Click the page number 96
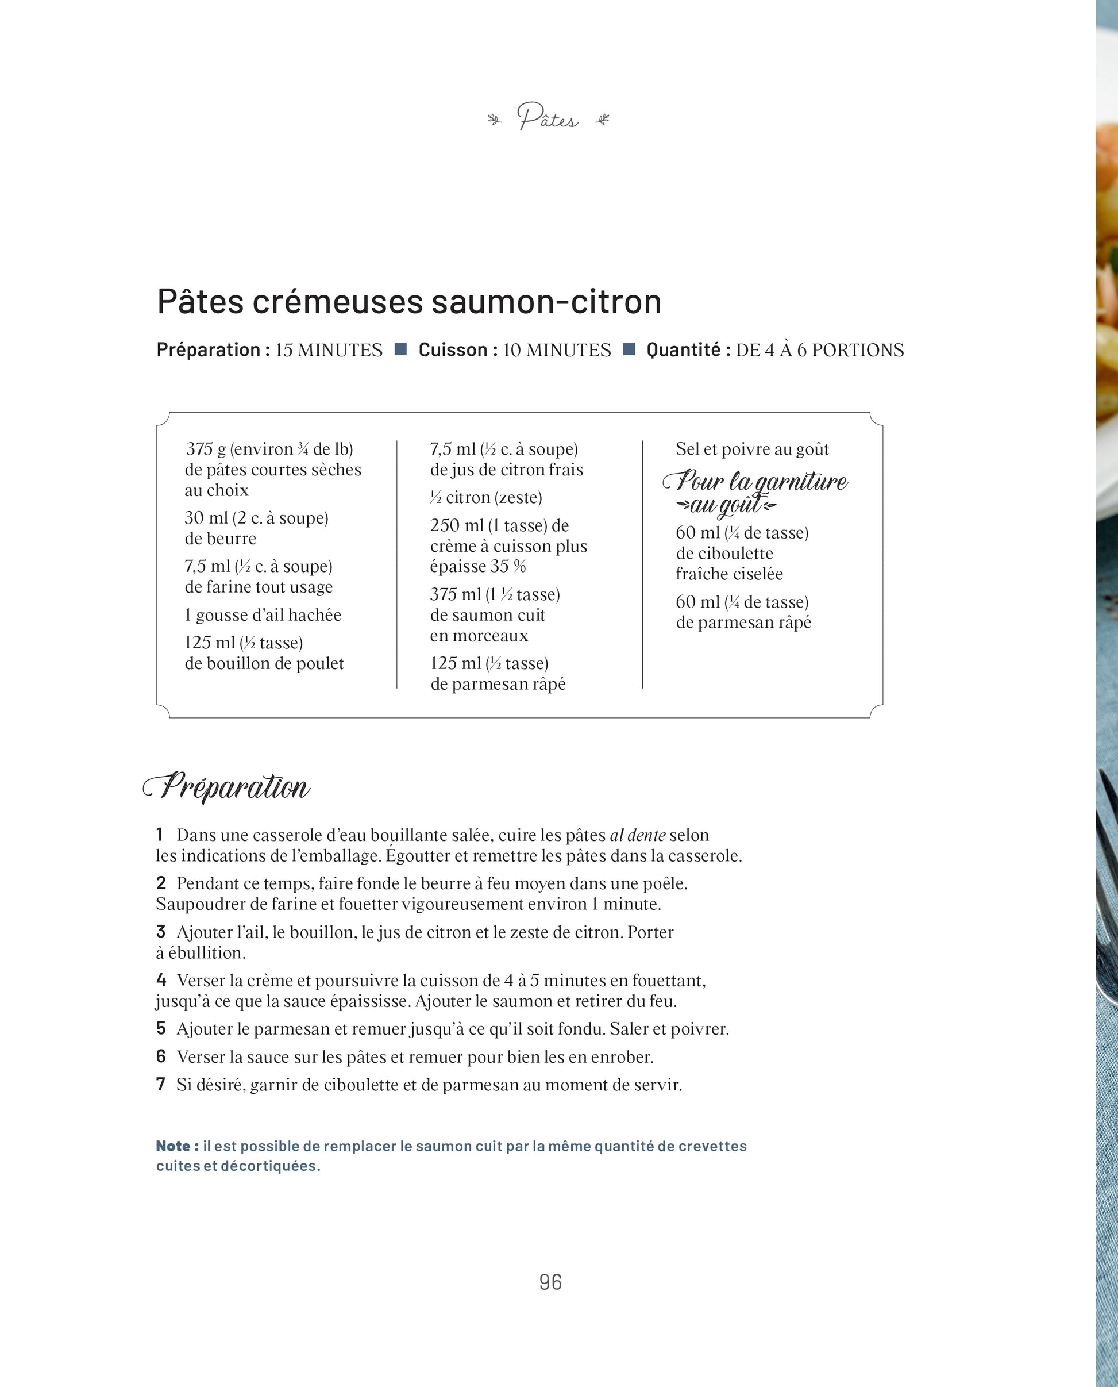coord(550,1282)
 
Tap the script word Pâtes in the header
coord(548,118)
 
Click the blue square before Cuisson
coord(400,349)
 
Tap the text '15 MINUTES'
coord(329,351)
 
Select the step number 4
coord(161,980)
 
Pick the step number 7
coord(161,1084)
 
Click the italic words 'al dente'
coord(637,836)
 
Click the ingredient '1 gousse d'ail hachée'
coord(262,615)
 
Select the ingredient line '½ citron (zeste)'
coord(486,497)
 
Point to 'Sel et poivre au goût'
coord(751,449)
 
